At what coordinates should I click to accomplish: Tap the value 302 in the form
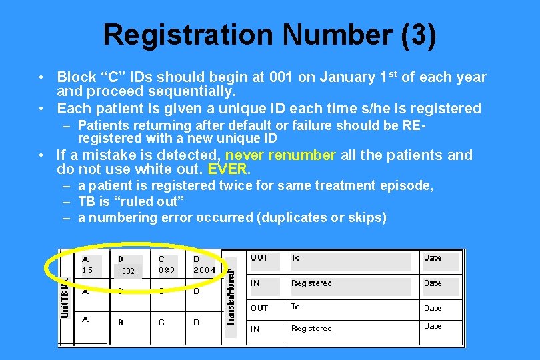(128, 271)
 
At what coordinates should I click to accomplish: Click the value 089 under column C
(167, 270)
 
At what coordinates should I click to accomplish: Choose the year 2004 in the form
(205, 270)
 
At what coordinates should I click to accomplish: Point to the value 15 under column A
(87, 270)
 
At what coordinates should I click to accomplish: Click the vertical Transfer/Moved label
(231, 297)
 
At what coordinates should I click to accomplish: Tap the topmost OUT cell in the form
(259, 257)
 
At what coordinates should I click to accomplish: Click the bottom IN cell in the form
(255, 329)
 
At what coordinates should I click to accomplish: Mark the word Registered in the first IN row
(311, 283)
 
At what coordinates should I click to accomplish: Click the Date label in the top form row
(433, 257)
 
